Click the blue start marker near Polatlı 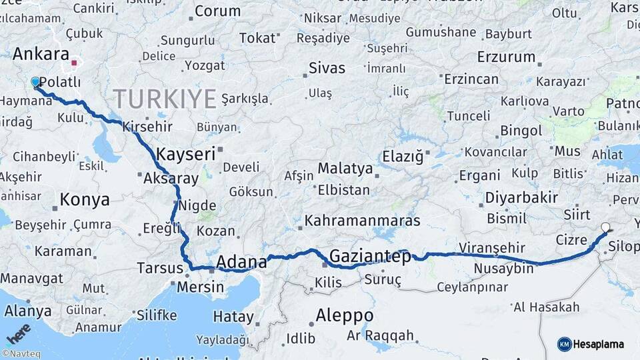click(35, 82)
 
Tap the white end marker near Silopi click(605, 227)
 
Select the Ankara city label click(41, 55)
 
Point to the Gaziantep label click(370, 256)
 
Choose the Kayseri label click(185, 154)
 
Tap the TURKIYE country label click(165, 99)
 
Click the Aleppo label click(345, 315)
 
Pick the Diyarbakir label click(521, 198)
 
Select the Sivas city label click(327, 68)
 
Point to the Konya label click(85, 199)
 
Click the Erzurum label click(507, 57)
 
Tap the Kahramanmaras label click(362, 220)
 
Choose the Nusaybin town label click(504, 269)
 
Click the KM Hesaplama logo click(591, 344)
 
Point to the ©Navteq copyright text click(20, 354)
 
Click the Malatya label click(345, 168)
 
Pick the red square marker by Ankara click(74, 64)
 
